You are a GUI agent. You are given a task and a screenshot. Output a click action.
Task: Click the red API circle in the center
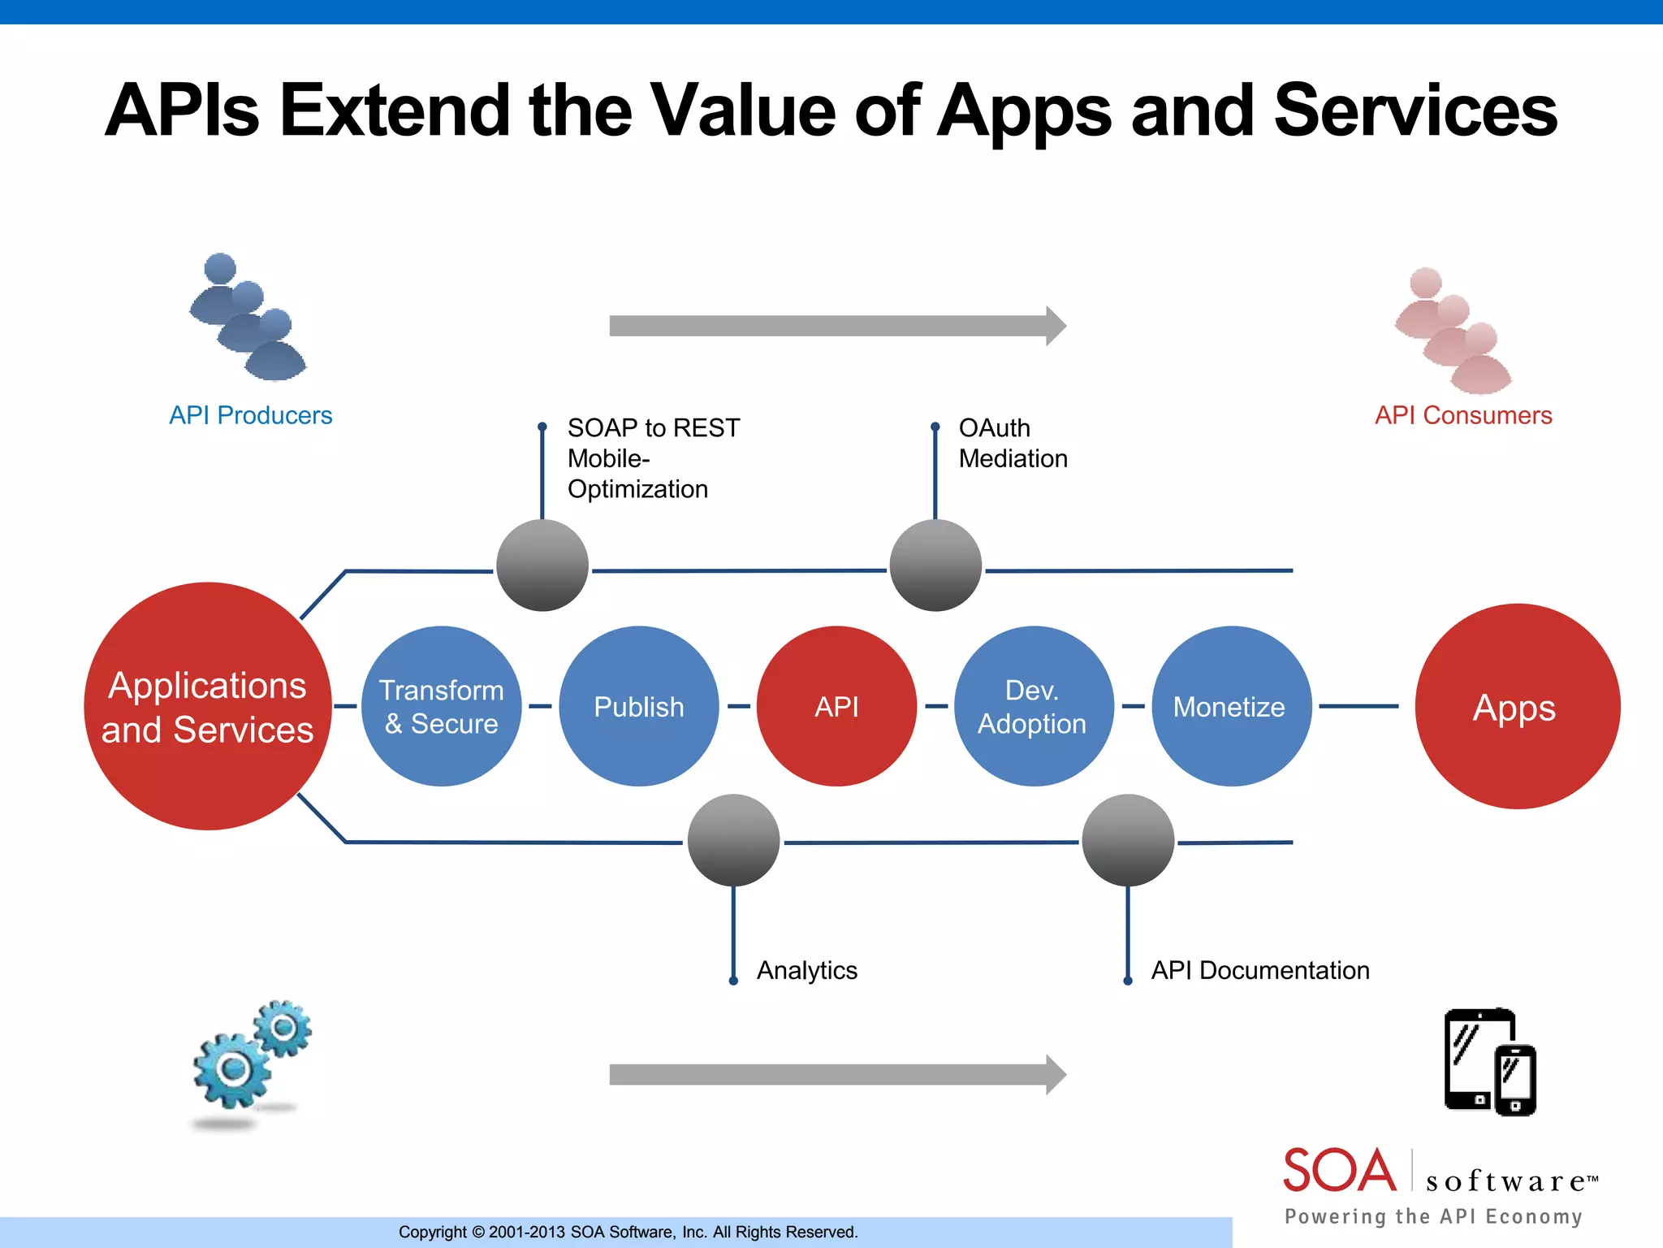pyautogui.click(x=836, y=706)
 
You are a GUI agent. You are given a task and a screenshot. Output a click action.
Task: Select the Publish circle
pyautogui.click(x=639, y=706)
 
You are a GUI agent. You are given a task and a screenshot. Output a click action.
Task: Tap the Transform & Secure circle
pyautogui.click(x=441, y=706)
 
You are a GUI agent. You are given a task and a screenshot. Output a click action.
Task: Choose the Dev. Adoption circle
pyautogui.click(x=1033, y=706)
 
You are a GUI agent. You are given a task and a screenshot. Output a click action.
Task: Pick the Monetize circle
pyautogui.click(x=1230, y=706)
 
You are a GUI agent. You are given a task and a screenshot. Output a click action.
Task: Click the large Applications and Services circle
pyautogui.click(x=208, y=706)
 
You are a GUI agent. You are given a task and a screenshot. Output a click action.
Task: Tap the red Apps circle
pyautogui.click(x=1516, y=706)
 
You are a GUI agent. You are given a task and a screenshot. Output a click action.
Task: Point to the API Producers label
pyautogui.click(x=250, y=415)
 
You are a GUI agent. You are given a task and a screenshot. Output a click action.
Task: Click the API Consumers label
pyautogui.click(x=1462, y=415)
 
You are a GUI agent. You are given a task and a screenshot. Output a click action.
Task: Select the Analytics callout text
pyautogui.click(x=806, y=970)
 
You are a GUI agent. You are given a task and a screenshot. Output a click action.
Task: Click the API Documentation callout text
pyautogui.click(x=1259, y=970)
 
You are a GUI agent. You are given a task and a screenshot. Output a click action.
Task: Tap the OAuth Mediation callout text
pyautogui.click(x=1012, y=443)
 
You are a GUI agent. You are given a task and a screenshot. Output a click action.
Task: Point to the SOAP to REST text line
pyautogui.click(x=653, y=427)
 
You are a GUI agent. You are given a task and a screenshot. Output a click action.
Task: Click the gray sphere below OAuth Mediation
pyautogui.click(x=935, y=565)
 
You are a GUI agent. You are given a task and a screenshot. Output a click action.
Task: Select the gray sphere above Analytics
pyautogui.click(x=733, y=840)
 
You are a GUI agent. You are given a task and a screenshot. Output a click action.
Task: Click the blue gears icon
pyautogui.click(x=250, y=1056)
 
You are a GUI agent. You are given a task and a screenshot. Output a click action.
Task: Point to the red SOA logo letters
pyautogui.click(x=1338, y=1172)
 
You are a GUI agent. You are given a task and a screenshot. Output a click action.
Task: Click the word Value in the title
pyautogui.click(x=744, y=110)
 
